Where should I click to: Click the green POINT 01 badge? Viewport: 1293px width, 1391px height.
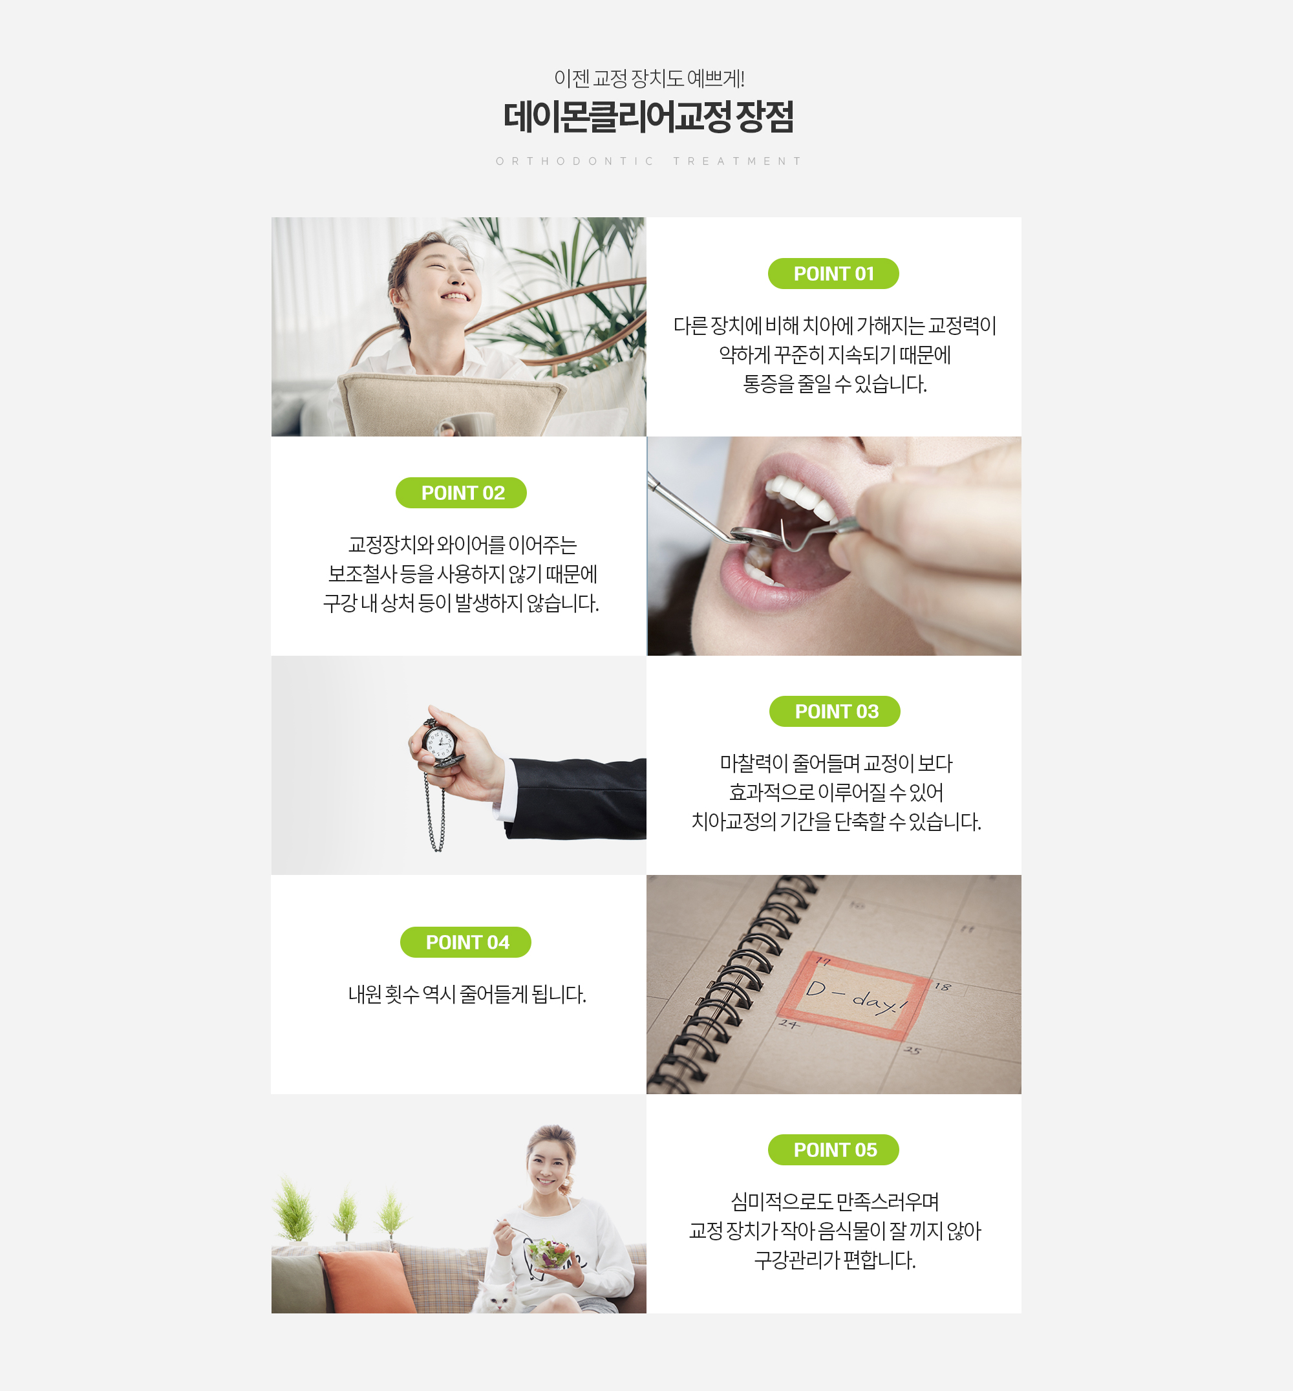(x=833, y=274)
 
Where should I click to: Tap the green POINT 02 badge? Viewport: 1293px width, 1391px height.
(x=461, y=493)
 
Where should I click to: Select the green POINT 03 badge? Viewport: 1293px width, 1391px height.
(x=835, y=711)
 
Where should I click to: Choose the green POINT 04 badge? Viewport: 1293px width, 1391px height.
(x=465, y=942)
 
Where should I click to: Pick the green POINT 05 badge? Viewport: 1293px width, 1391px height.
(x=833, y=1150)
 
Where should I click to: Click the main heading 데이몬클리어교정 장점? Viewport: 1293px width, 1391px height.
(x=648, y=117)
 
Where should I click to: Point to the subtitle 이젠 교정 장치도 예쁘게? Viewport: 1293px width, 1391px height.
(x=648, y=78)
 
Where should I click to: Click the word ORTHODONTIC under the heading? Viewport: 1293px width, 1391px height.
(x=575, y=161)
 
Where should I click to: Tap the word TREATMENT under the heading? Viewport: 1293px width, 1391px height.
(x=737, y=161)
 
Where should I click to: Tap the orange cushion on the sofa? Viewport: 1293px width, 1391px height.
(x=368, y=1281)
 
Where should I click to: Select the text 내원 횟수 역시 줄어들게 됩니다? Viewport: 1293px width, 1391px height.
(x=467, y=995)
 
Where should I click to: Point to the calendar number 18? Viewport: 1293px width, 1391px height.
(x=943, y=987)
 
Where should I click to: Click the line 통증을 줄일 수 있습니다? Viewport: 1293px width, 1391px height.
(x=835, y=384)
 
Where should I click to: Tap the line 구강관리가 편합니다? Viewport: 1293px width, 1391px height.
(x=835, y=1260)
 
